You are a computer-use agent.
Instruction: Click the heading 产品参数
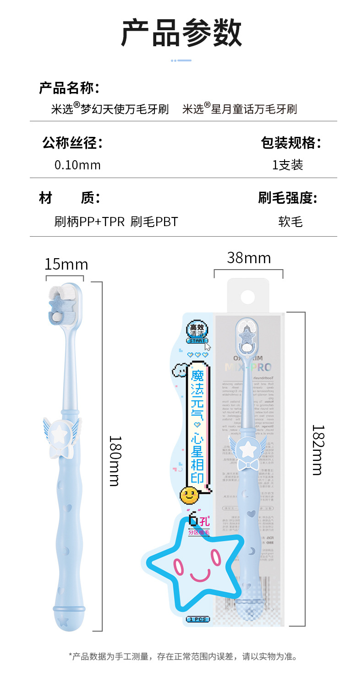tap(181, 33)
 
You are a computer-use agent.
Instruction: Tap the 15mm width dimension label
tap(66, 265)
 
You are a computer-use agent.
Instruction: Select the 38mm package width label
tap(249, 258)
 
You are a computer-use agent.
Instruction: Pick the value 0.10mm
tap(77, 165)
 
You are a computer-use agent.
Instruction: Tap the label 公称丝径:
tap(72, 143)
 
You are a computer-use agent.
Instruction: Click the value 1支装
tap(288, 165)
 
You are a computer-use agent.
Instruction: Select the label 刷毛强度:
tap(287, 198)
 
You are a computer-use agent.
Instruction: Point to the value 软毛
tap(291, 222)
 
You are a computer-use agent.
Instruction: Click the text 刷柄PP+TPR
tap(89, 222)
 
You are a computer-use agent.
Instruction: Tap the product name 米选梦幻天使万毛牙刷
tap(110, 109)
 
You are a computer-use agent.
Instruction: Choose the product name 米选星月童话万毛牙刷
tap(240, 109)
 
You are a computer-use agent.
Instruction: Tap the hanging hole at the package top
tap(247, 297)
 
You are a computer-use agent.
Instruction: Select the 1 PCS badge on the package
tap(197, 619)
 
